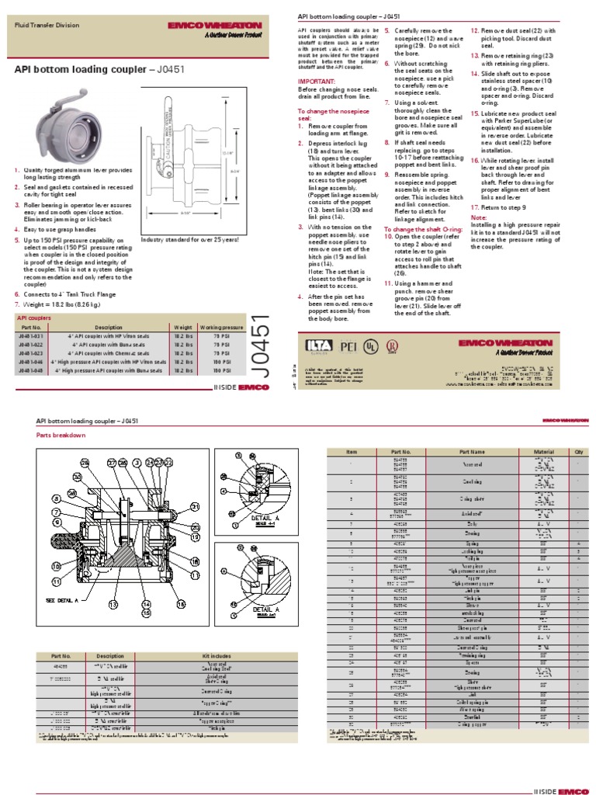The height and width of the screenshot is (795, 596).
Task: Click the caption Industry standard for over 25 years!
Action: coord(190,240)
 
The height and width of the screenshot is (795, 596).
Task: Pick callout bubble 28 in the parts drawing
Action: coord(86,463)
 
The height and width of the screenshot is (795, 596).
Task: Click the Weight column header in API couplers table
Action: coord(183,328)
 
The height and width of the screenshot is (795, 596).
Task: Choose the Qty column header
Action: coord(577,451)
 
